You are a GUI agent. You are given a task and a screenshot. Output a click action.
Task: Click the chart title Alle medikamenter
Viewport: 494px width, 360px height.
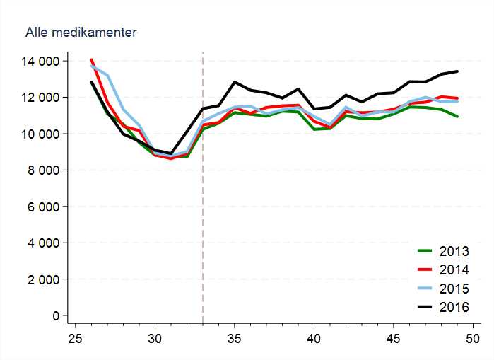pyautogui.click(x=81, y=33)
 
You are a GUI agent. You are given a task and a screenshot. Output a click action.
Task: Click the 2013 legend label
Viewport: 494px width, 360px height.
pyautogui.click(x=454, y=250)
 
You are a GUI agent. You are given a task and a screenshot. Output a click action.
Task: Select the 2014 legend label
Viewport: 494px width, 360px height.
pyautogui.click(x=454, y=269)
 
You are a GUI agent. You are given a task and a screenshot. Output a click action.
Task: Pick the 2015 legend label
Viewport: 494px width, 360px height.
pyautogui.click(x=454, y=289)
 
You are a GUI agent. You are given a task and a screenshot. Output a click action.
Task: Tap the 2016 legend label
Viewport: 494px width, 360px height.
pyautogui.click(x=454, y=308)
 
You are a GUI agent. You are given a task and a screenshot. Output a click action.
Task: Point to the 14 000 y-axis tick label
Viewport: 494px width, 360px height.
pyautogui.click(x=40, y=62)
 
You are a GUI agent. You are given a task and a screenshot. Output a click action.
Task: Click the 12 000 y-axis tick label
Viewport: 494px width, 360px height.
pyautogui.click(x=40, y=98)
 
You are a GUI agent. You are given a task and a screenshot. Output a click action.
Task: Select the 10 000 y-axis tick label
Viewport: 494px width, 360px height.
pyautogui.click(x=40, y=134)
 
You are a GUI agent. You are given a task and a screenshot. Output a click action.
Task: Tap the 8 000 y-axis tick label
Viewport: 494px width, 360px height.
pyautogui.click(x=43, y=170)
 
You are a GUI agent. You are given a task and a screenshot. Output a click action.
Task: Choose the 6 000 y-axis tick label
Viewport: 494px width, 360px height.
pyautogui.click(x=43, y=207)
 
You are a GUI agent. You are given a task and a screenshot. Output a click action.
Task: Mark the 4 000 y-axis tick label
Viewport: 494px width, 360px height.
pyautogui.click(x=43, y=243)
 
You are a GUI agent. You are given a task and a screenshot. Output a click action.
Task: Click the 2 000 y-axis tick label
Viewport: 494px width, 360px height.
pyautogui.click(x=43, y=279)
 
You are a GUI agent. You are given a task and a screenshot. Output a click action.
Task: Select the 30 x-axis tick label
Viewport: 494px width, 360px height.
pyautogui.click(x=156, y=339)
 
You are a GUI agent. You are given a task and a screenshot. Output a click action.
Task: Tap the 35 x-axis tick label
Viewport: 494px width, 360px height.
pyautogui.click(x=237, y=339)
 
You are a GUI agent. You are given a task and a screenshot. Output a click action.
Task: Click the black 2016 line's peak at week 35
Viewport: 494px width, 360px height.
pyautogui.click(x=235, y=82)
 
